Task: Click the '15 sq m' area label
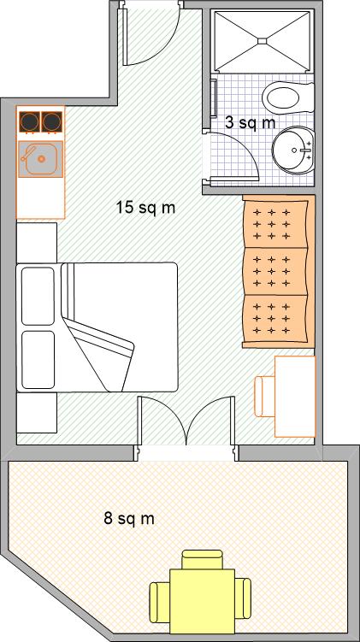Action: coord(146,208)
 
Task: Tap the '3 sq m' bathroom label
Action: coord(251,122)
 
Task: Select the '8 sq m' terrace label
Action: coord(129,519)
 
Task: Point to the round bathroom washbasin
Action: coord(294,150)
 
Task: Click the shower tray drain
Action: coord(263,40)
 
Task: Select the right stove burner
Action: coord(52,121)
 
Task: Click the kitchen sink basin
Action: coord(40,158)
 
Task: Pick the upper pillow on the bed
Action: coord(38,296)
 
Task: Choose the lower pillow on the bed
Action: coord(38,360)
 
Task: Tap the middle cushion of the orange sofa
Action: coord(275,272)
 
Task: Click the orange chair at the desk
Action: coord(264,397)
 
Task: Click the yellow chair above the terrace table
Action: coord(203,559)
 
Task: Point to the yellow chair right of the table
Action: coord(243,598)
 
